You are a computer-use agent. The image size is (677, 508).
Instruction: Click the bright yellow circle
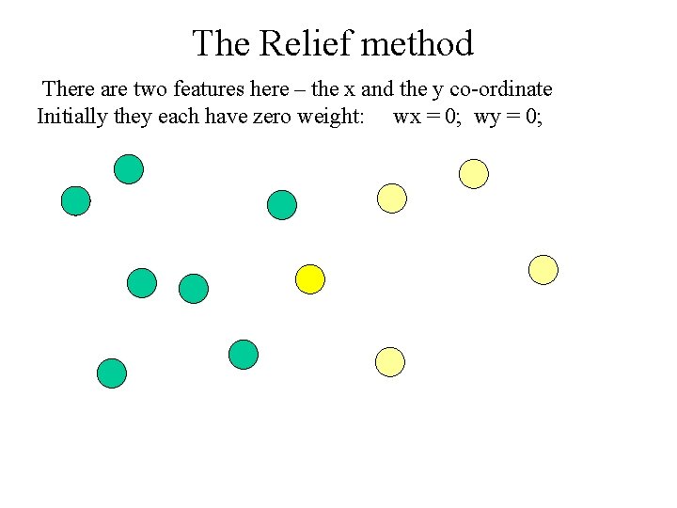tap(310, 278)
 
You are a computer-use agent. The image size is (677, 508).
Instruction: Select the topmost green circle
tap(129, 169)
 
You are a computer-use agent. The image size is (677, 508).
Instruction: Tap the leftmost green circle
tap(75, 200)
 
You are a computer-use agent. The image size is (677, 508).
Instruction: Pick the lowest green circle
tap(112, 373)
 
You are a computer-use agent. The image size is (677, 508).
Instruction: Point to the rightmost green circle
tap(281, 205)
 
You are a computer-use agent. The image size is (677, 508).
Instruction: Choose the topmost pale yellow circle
tap(474, 173)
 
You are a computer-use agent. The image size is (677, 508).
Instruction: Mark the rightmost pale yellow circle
tap(543, 270)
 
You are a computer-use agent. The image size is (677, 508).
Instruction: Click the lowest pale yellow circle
tap(389, 361)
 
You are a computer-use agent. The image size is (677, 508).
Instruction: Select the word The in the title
tap(222, 43)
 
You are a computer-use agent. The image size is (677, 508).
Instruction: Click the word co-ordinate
tap(507, 89)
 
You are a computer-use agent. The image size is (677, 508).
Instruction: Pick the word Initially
tap(71, 118)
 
